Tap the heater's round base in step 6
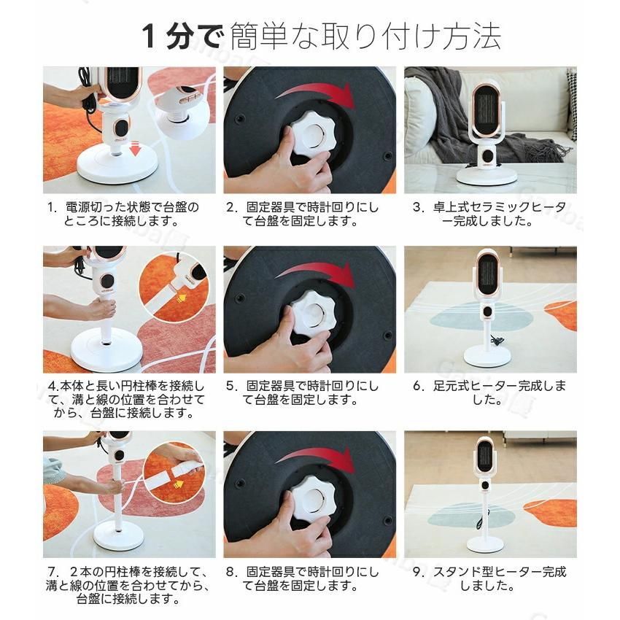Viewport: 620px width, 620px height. [x=488, y=357]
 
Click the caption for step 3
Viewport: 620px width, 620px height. [x=488, y=214]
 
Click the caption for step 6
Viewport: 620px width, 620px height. [x=488, y=392]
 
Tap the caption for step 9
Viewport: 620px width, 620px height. [x=488, y=578]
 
